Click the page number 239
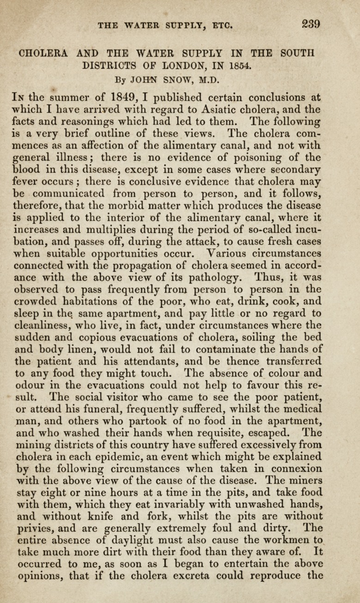(309, 24)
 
